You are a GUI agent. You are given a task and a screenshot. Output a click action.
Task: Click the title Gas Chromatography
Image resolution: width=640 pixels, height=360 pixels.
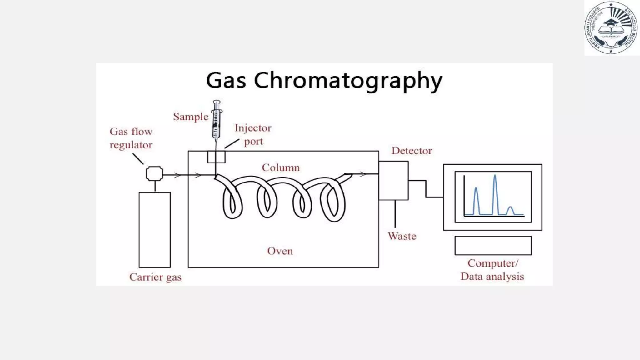[x=324, y=81]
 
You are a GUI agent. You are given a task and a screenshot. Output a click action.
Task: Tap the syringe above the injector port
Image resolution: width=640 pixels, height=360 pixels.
[x=216, y=120]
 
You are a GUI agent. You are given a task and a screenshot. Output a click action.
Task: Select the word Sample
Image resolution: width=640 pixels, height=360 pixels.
[x=191, y=117]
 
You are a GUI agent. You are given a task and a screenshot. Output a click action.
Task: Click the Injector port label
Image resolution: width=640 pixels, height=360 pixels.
[x=253, y=134]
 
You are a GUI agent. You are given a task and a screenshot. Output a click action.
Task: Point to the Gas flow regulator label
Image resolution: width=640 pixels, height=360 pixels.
[x=131, y=138]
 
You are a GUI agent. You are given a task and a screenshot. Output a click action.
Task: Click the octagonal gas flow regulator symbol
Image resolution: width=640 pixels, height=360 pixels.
[x=154, y=174]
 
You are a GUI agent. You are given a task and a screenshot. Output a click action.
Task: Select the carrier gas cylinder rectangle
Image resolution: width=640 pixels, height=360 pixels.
[x=155, y=230]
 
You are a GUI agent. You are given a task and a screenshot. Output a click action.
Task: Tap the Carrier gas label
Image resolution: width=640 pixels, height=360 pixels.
[x=155, y=277]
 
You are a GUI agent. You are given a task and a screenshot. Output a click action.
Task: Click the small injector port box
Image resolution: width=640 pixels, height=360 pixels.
[x=216, y=157]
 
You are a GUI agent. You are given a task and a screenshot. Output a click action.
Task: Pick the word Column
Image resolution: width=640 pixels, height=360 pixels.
[x=281, y=168]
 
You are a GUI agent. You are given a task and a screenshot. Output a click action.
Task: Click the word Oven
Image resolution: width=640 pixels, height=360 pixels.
[x=280, y=251]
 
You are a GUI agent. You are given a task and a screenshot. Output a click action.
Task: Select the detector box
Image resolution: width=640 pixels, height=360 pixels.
[x=393, y=180]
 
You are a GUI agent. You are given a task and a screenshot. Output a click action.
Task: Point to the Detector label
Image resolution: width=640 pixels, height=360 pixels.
[x=412, y=151]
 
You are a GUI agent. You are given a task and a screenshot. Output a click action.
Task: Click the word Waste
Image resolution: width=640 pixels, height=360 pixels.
[x=402, y=236]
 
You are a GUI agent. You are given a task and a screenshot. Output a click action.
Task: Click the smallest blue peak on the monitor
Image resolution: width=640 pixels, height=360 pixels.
[x=510, y=210]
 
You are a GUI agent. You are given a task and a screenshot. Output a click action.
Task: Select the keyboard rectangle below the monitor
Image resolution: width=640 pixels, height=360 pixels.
[x=493, y=246]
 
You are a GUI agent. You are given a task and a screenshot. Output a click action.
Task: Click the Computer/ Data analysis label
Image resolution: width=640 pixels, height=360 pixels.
[x=492, y=270]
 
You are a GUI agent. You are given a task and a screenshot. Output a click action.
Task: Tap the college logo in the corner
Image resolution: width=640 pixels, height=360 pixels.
[x=611, y=28]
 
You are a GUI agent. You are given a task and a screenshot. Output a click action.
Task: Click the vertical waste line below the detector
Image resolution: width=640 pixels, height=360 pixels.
[x=395, y=214]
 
